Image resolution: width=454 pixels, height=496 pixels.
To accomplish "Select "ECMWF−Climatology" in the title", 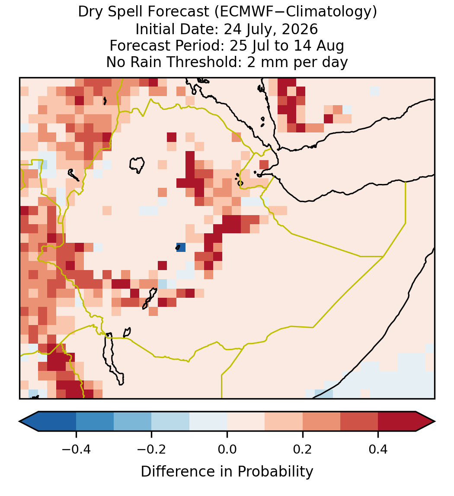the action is [296, 12].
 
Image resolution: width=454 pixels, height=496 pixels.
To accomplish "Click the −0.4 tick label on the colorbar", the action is [76, 449].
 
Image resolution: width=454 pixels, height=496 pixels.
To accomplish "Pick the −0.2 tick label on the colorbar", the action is [152, 449].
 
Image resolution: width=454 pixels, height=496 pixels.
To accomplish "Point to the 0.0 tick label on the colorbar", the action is [227, 449].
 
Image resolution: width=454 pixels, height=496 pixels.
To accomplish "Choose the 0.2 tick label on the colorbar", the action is [303, 449].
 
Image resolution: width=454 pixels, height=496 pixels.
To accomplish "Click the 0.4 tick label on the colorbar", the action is [378, 449].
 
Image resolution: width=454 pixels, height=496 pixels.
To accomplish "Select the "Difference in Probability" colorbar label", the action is [227, 472].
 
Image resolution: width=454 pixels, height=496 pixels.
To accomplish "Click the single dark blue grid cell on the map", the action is [181, 248].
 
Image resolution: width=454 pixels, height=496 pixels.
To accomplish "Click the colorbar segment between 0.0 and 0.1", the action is [246, 422].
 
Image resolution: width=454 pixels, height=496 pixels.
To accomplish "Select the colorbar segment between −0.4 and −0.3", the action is [95, 422].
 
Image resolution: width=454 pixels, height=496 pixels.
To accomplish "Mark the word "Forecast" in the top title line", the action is [178, 13].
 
